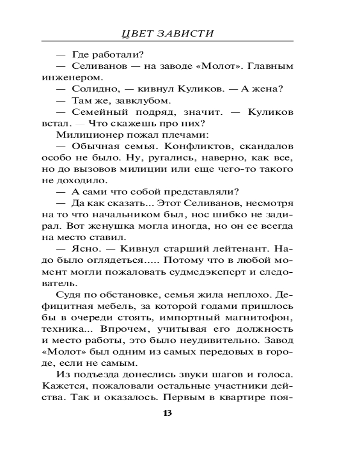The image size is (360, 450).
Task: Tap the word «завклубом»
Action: tap(148, 100)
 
